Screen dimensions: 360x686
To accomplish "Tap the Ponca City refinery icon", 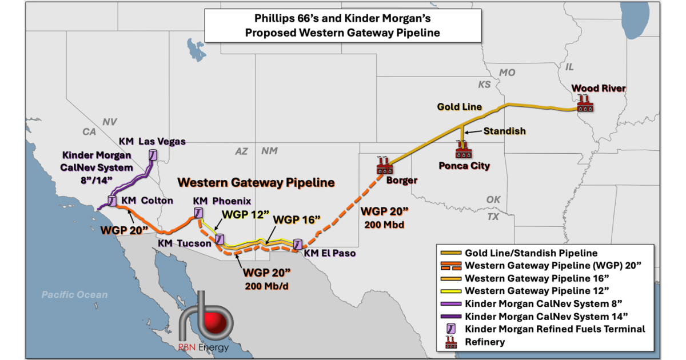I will (462, 151).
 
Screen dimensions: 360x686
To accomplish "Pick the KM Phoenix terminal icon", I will (198, 213).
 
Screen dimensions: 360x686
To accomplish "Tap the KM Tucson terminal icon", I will (220, 240).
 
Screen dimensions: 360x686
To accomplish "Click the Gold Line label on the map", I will (460, 107).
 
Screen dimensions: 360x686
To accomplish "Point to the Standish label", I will (504, 131).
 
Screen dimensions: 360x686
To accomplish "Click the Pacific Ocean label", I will (74, 295).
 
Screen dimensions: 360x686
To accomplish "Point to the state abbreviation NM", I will (269, 151).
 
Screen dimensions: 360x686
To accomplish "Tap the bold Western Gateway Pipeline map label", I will (256, 183).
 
